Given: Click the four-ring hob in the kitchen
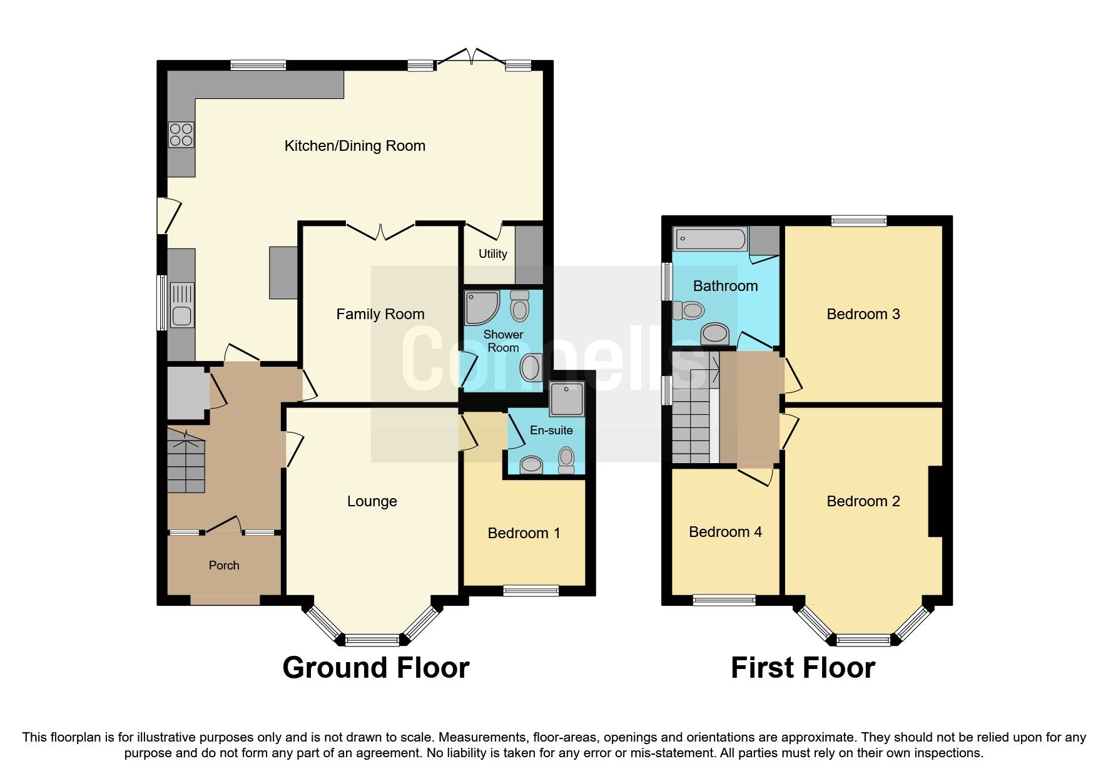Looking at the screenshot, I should point(181,135).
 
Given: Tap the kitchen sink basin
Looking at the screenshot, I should point(181,317).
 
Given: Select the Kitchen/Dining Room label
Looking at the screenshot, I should point(355,146).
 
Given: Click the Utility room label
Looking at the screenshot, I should point(492,253).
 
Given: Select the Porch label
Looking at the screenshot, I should point(224,565).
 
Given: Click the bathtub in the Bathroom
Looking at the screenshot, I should point(710,239).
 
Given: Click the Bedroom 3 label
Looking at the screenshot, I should point(863,314).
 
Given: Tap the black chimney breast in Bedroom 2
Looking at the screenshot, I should point(935,501).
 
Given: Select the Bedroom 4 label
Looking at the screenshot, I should point(725,532).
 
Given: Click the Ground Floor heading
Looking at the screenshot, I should point(375,668).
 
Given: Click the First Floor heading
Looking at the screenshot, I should point(803,668).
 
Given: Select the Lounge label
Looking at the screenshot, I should point(372,501).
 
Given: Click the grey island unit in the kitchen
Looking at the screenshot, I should point(283,272).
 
